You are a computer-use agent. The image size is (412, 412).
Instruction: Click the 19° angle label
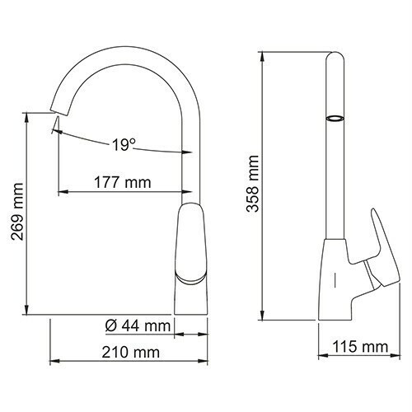point(124,145)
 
